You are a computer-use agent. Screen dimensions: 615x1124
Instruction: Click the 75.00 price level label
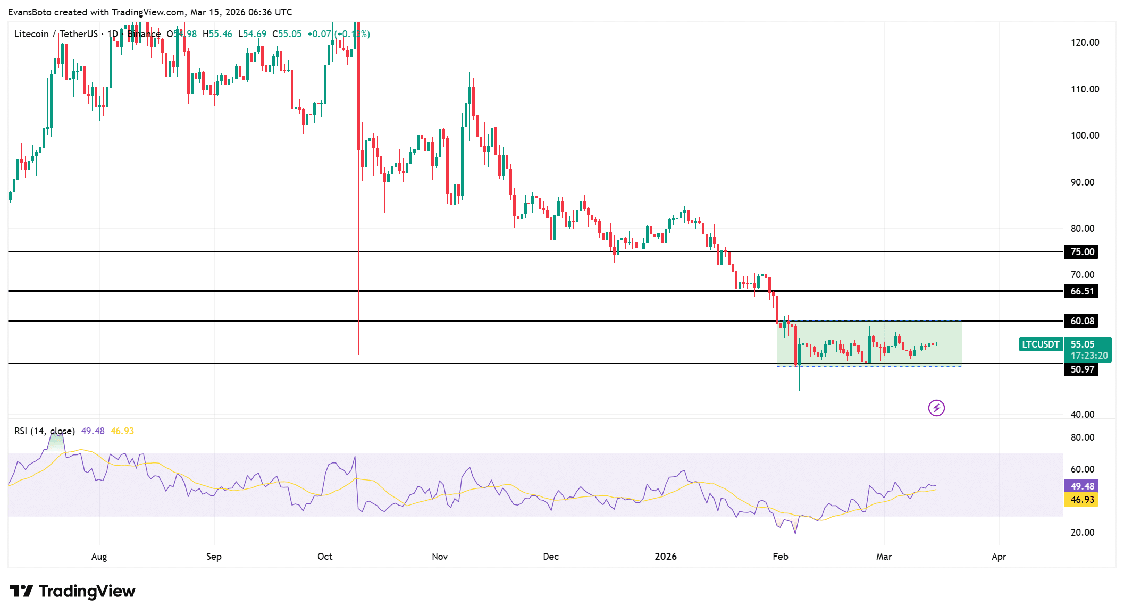click(1081, 252)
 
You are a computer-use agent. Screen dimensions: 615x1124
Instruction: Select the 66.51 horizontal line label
click(1081, 291)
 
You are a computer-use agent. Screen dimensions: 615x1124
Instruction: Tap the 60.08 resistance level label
click(1081, 321)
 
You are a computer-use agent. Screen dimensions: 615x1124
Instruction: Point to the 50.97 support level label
click(1081, 369)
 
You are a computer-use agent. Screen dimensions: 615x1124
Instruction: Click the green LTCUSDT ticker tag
click(1040, 344)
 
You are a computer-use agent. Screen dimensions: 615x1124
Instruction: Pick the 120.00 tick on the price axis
click(1085, 43)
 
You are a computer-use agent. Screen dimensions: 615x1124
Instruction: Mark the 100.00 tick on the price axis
click(1085, 136)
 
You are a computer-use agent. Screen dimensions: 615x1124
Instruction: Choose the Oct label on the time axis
click(325, 557)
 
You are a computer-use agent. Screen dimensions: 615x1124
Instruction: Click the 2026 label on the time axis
click(666, 557)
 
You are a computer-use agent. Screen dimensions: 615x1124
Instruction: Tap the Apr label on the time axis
click(999, 557)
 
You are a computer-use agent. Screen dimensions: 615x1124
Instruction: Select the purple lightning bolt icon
click(936, 408)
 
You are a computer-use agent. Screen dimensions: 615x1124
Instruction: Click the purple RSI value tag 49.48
click(1081, 486)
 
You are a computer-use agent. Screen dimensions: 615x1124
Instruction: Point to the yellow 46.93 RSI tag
click(1081, 500)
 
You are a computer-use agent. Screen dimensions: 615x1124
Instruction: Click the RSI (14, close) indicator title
click(45, 431)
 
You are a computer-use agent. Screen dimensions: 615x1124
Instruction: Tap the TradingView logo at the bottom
click(73, 591)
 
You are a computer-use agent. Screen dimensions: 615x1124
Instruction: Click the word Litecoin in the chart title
click(31, 34)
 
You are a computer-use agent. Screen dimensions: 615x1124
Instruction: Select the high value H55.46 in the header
click(217, 34)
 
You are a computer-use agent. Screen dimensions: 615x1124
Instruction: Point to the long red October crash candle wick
click(359, 266)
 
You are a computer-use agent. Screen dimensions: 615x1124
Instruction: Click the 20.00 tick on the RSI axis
click(1082, 533)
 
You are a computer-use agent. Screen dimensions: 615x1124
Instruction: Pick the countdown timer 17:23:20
click(1089, 356)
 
